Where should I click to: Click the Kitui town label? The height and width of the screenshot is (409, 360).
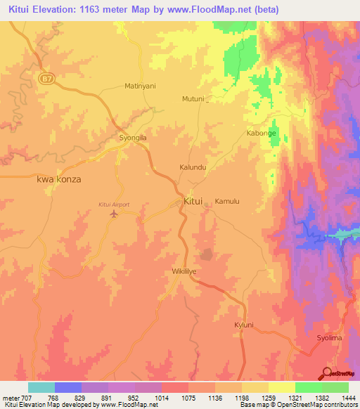pos(193,201)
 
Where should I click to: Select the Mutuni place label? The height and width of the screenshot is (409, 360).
pos(193,99)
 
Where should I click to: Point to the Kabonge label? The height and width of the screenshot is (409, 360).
pos(261,133)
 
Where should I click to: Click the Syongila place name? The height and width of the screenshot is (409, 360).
pos(133,138)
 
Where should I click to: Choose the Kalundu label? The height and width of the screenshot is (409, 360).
pos(193,168)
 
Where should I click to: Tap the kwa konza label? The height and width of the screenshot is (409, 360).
pos(58,179)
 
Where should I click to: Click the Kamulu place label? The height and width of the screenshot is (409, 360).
pos(227,201)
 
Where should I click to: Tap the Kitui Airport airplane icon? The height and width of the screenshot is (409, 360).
pos(114,214)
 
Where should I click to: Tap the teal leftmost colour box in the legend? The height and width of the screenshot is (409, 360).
pos(41,387)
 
